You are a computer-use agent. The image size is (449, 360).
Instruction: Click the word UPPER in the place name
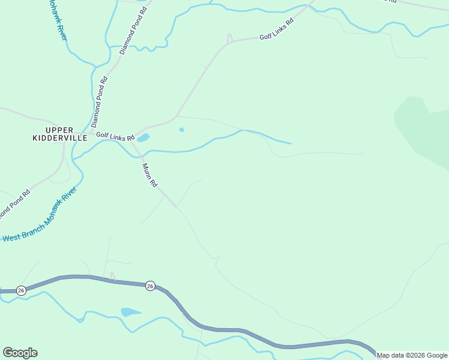(59, 130)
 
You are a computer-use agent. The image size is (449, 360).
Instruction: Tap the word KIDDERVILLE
(59, 138)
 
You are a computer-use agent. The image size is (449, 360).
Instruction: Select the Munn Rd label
(149, 175)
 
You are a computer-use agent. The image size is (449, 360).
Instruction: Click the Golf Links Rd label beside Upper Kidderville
(115, 137)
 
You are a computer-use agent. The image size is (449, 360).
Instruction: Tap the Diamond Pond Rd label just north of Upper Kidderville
(100, 101)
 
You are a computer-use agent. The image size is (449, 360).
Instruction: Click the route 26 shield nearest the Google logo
(21, 290)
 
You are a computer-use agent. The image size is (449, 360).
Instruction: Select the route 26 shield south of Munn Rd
(150, 286)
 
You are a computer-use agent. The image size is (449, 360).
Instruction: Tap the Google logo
(20, 353)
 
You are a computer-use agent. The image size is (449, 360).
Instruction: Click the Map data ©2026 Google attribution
(412, 355)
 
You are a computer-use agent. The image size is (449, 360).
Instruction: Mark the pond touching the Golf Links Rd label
(143, 138)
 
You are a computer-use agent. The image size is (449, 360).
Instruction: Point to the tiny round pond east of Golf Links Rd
(181, 129)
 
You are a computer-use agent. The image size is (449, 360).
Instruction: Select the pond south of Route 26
(129, 312)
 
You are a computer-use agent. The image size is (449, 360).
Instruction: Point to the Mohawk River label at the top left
(58, 21)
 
